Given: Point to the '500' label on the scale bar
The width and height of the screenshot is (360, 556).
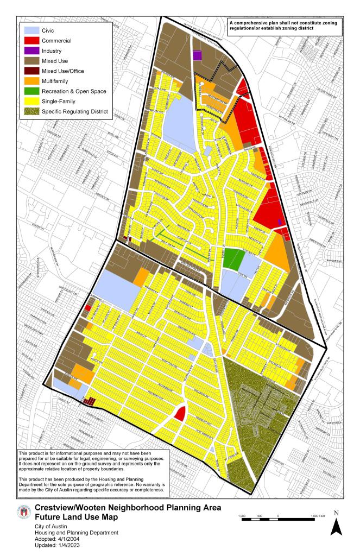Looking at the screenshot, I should [260, 514].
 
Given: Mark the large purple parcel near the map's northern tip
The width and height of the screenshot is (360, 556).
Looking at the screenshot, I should [198, 55].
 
